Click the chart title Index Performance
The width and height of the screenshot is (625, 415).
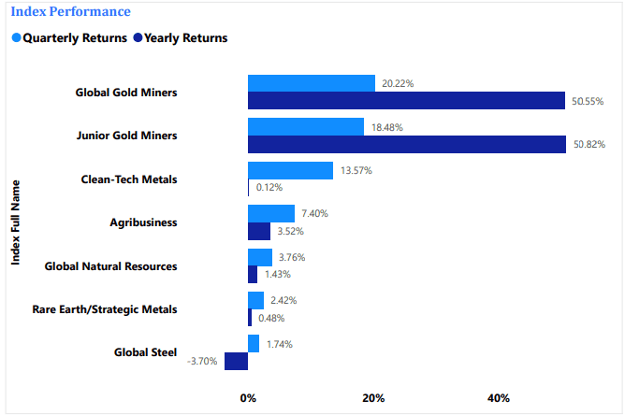pyautogui.click(x=70, y=12)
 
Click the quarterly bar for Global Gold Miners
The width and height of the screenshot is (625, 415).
pyautogui.click(x=311, y=83)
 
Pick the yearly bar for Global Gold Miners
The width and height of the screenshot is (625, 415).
pyautogui.click(x=407, y=101)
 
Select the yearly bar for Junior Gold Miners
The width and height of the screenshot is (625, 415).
pyautogui.click(x=407, y=144)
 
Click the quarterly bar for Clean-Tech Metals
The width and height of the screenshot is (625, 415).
pyautogui.click(x=290, y=170)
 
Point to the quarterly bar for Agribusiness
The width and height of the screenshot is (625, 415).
pyautogui.click(x=270, y=213)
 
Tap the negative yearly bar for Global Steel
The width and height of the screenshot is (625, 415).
pyautogui.click(x=236, y=361)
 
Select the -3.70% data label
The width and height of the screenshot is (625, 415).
pyautogui.click(x=204, y=361)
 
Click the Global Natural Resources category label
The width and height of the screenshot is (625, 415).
pyautogui.click(x=110, y=266)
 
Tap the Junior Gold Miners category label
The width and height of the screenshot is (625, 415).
pyautogui.click(x=126, y=136)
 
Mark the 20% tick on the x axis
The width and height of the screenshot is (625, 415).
pyautogui.click(x=373, y=399)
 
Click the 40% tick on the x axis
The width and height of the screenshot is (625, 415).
pyautogui.click(x=499, y=399)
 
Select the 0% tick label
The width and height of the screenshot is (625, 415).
pyautogui.click(x=248, y=399)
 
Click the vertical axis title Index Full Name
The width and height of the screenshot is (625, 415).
pyautogui.click(x=16, y=222)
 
